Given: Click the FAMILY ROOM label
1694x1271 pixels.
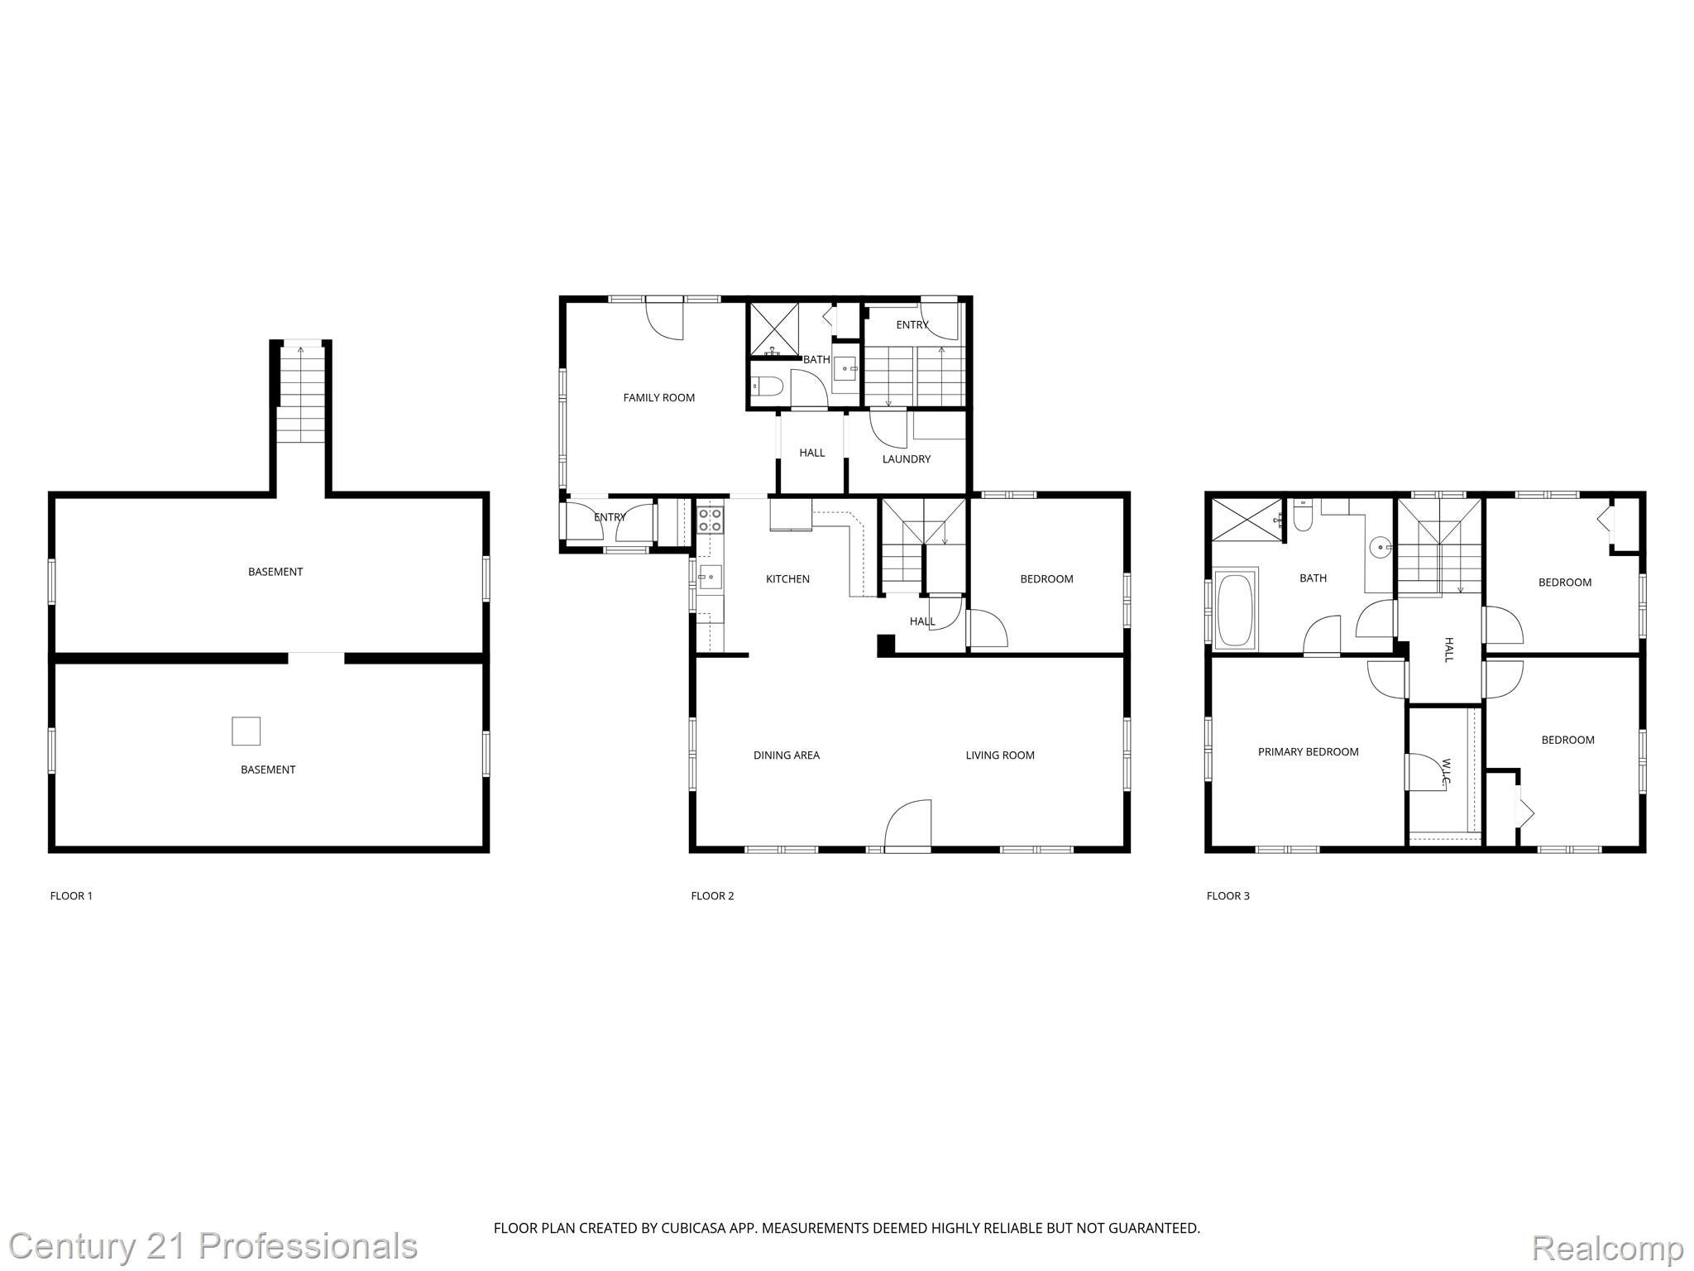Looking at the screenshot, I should (658, 398).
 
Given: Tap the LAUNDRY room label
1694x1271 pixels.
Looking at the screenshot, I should (906, 459).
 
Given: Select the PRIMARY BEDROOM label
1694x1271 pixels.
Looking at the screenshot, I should (1308, 752).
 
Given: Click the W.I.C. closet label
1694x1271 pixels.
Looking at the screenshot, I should (1446, 773).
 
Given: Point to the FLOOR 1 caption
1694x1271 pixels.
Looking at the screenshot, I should (71, 896).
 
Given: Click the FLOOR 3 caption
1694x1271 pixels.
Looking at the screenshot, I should (1227, 896).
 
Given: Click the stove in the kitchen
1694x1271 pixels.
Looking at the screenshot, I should (711, 520).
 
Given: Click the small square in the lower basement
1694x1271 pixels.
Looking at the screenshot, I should (246, 731).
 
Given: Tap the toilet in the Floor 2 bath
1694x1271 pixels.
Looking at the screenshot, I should (767, 386).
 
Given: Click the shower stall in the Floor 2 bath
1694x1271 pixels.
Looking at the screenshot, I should (774, 330).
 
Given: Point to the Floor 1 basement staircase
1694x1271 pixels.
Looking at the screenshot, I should (300, 396).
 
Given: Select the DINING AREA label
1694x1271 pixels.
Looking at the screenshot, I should (786, 755).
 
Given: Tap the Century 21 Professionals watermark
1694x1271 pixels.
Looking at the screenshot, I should (213, 1246).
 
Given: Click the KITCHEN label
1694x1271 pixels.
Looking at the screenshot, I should (787, 579).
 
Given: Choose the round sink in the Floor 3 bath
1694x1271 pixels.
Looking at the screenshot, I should (1380, 547).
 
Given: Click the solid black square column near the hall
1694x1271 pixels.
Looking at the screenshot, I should (886, 644).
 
